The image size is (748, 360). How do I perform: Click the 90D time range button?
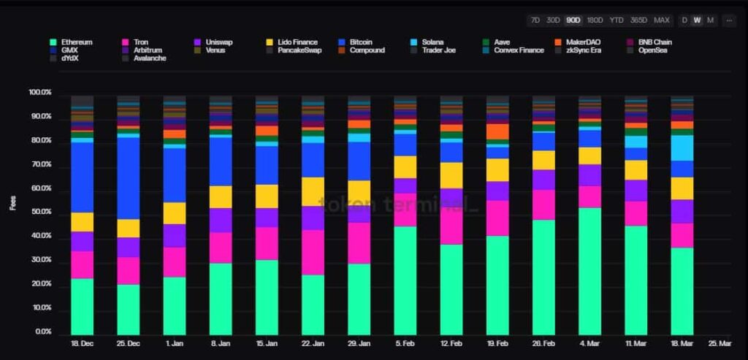(573, 20)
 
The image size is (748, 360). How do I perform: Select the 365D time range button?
(638, 20)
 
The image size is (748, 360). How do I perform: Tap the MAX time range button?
(661, 20)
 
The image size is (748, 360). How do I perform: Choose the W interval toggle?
(697, 20)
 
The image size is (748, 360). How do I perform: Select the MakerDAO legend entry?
(581, 42)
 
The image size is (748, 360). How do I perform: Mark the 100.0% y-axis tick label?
(39, 93)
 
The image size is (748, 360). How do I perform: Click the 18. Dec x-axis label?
(82, 343)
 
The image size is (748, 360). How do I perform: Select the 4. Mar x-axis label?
(589, 343)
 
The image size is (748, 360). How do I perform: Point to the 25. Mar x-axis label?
(720, 343)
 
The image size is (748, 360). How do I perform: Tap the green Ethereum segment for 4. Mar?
(589, 270)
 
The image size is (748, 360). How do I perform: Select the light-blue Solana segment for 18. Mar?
(682, 148)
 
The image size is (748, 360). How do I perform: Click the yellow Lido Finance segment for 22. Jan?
(313, 191)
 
